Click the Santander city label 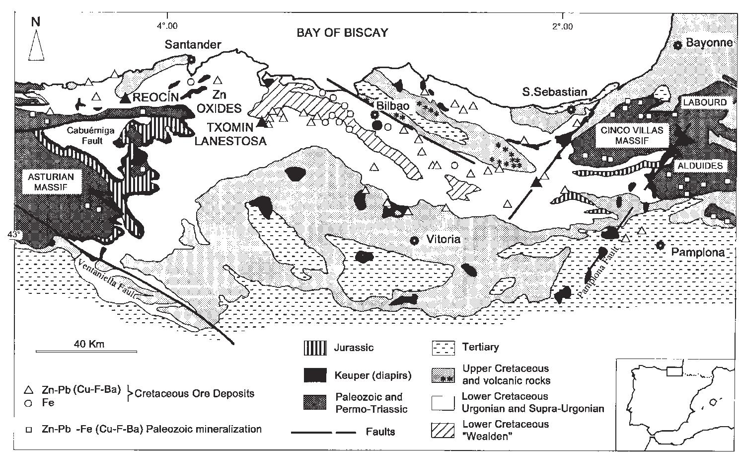(x=193, y=45)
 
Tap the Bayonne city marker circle (x=677, y=45)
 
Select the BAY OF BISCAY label (x=342, y=33)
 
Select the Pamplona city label (x=698, y=252)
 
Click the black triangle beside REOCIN (x=126, y=98)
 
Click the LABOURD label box (x=704, y=102)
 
